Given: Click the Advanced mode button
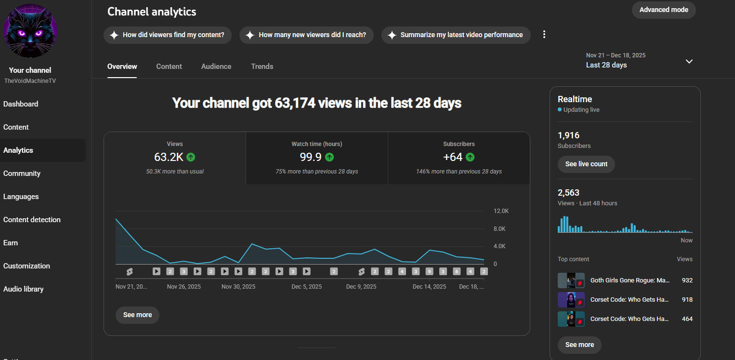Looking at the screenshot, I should [x=663, y=10].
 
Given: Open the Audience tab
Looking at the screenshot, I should [x=216, y=67].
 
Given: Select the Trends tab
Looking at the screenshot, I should [x=262, y=67].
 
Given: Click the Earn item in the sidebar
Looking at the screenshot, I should [x=11, y=243].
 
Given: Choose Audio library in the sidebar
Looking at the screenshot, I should [x=23, y=289].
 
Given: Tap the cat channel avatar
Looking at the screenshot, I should [x=30, y=31].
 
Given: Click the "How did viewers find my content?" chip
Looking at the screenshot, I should [x=168, y=35].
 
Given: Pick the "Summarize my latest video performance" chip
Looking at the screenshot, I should [x=456, y=35].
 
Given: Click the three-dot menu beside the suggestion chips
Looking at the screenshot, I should [x=544, y=35].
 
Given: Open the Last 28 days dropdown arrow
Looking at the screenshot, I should [x=689, y=61].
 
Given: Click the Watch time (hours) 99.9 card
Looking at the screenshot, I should [x=316, y=158].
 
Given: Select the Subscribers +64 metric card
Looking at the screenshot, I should [x=459, y=158].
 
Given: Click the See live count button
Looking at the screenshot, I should [x=586, y=164].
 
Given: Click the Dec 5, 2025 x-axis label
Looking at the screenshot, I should [x=307, y=286].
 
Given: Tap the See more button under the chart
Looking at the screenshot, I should [x=137, y=315].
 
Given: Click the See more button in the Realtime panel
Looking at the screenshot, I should [x=579, y=345].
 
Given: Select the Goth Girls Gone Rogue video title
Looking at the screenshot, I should [x=630, y=280].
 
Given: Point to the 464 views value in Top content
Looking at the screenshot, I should [x=687, y=319].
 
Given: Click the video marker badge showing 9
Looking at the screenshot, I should [x=429, y=271].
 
